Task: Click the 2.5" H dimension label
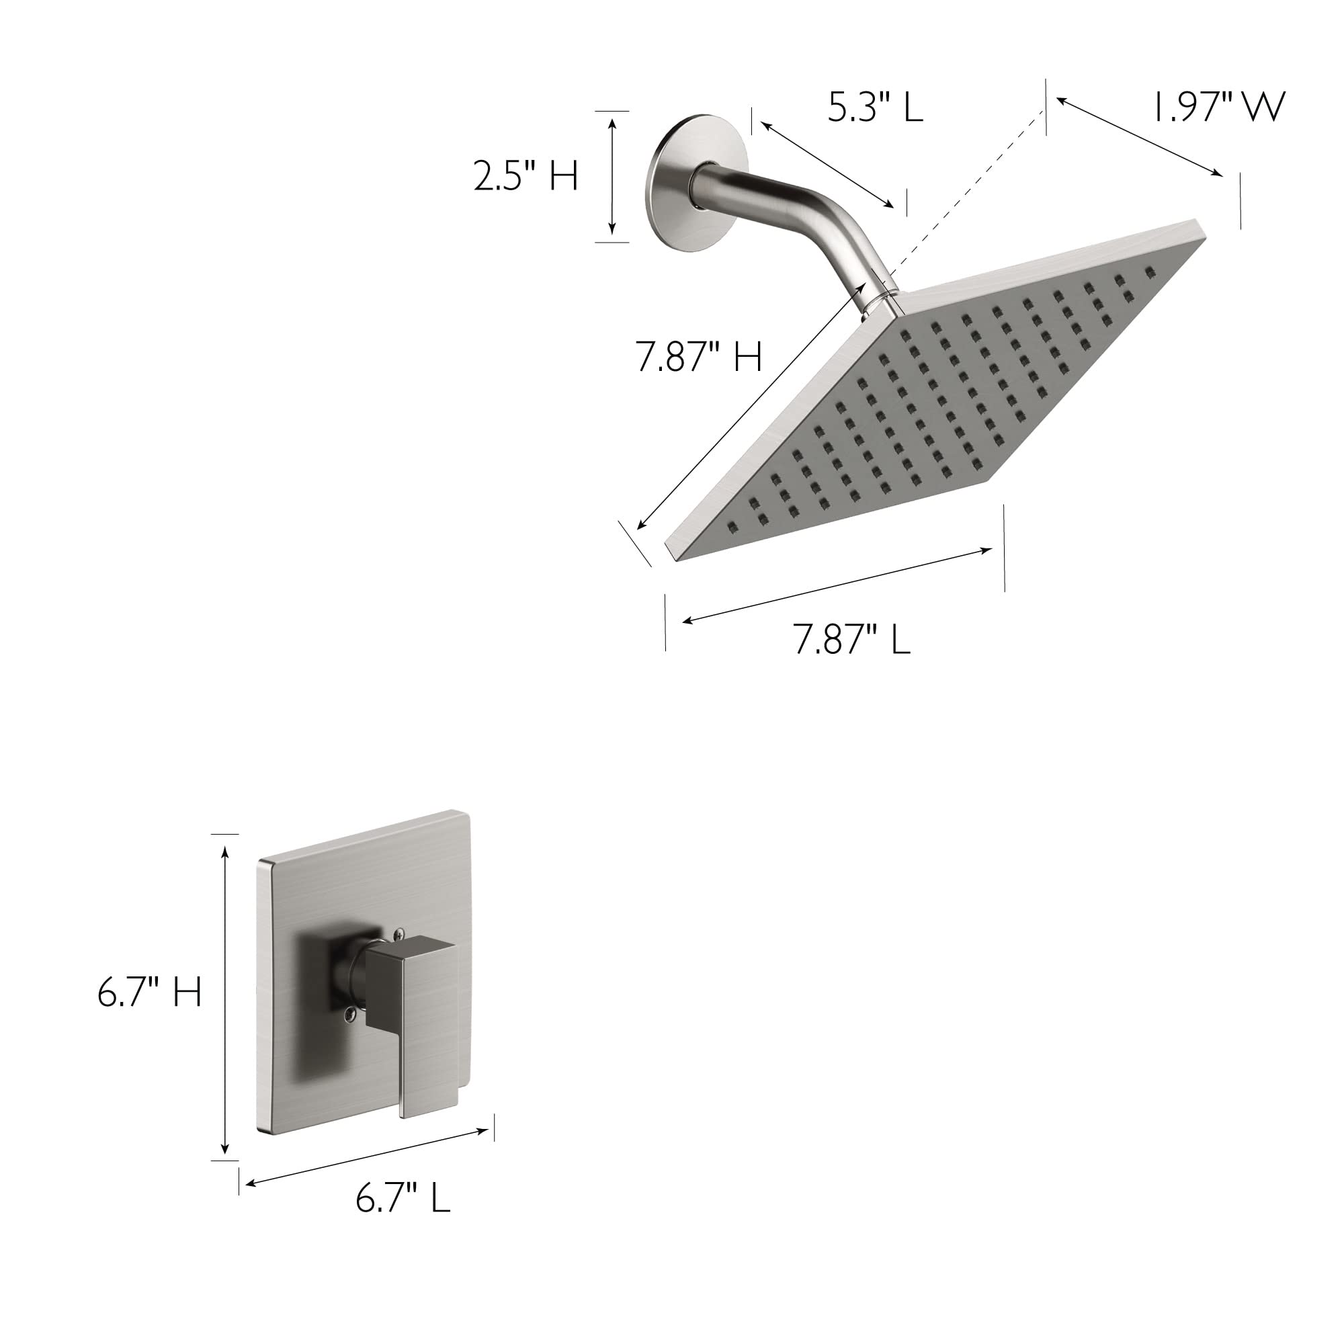[526, 175]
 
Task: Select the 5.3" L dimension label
[875, 108]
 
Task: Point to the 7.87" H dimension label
[699, 357]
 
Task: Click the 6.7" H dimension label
[150, 991]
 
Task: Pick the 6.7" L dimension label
[403, 1198]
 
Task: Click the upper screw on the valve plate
[398, 933]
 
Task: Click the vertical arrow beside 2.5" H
[612, 176]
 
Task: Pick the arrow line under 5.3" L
[827, 164]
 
